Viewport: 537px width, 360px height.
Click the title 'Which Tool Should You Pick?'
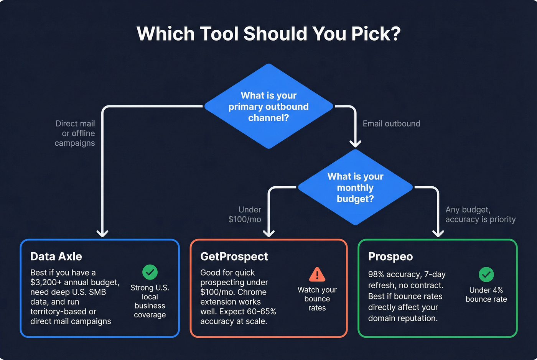click(268, 34)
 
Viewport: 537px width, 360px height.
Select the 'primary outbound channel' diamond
click(268, 106)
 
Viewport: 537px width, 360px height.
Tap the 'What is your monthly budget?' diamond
click(355, 187)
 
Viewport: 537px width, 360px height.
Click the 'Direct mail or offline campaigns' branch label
click(75, 133)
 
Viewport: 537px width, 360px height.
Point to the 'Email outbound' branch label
click(391, 123)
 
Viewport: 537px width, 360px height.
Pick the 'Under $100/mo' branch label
click(245, 214)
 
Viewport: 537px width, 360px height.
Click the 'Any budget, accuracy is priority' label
click(480, 214)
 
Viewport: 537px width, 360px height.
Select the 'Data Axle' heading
click(56, 256)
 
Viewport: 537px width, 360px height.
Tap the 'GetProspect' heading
click(234, 256)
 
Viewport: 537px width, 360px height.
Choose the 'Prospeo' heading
click(390, 256)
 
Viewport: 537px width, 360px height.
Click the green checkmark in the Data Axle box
click(150, 272)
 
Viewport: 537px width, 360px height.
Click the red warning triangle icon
click(317, 275)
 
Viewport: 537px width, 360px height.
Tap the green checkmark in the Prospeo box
click(486, 274)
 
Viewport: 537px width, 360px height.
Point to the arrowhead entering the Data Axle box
click(102, 233)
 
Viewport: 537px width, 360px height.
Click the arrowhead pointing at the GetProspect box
click(268, 233)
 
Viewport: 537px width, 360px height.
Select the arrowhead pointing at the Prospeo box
click(438, 233)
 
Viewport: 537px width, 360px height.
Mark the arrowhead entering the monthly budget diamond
click(355, 143)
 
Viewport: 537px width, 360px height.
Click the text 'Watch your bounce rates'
click(317, 299)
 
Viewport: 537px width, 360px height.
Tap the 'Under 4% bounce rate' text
click(486, 294)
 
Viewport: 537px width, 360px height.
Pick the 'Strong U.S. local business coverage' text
click(150, 301)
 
